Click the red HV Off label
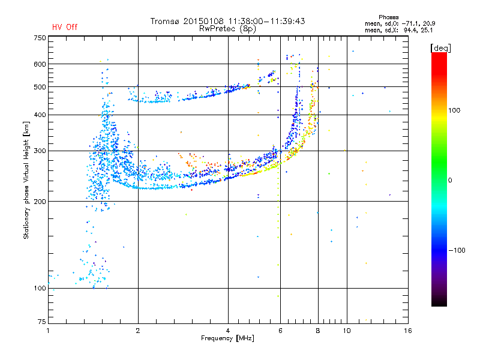(65, 27)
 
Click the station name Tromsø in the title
(165, 21)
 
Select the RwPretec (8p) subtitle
(227, 29)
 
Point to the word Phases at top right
(388, 17)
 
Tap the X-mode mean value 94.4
(411, 30)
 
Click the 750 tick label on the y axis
(40, 38)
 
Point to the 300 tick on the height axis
(40, 151)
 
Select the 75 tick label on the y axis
(42, 322)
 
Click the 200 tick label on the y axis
(40, 202)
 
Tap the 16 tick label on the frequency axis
(408, 331)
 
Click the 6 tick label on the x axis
(280, 331)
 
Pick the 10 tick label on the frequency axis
(347, 331)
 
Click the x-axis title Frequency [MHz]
(227, 338)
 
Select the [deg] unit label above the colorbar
(440, 48)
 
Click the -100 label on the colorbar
(457, 250)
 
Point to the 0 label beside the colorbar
(450, 181)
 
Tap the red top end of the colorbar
(439, 54)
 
